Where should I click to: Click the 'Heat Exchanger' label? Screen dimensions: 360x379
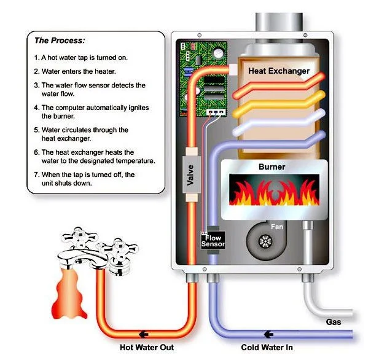click(278, 71)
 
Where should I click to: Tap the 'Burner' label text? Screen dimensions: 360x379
click(272, 166)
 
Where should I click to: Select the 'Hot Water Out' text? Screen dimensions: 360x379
click(147, 347)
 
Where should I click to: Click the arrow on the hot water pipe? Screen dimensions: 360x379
click(143, 334)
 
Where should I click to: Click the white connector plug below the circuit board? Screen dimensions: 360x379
click(216, 112)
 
